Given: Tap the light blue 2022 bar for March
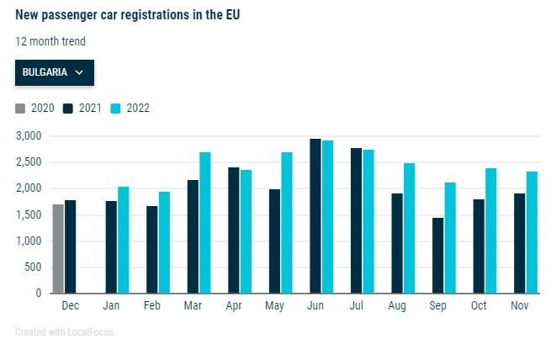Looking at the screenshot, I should [x=204, y=223].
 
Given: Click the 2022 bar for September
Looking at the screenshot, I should [x=451, y=238].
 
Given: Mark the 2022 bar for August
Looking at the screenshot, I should [x=410, y=228].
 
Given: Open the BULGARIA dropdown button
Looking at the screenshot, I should [x=55, y=72].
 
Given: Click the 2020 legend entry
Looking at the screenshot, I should [x=36, y=108].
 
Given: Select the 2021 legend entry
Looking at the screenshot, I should [x=83, y=108].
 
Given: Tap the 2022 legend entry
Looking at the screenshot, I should [x=131, y=108].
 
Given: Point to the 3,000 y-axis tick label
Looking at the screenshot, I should [x=29, y=135].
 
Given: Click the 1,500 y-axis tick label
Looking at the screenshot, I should [x=29, y=214].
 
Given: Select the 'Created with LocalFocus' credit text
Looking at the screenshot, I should [x=64, y=332].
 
